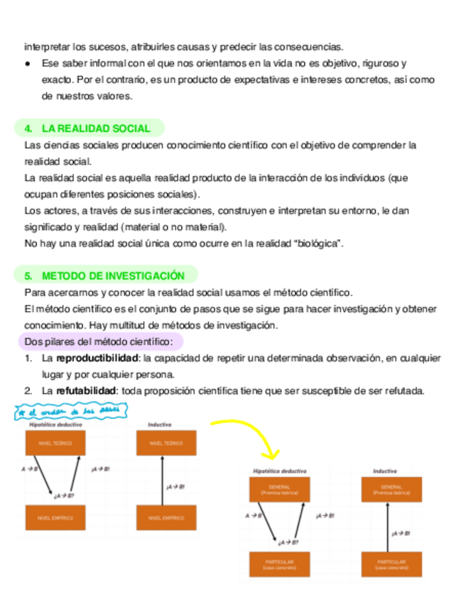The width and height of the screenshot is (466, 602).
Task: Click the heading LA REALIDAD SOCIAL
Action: (x=96, y=128)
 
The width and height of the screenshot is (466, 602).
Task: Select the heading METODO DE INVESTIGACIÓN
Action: (x=113, y=275)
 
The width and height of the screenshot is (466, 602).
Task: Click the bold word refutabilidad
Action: (x=86, y=390)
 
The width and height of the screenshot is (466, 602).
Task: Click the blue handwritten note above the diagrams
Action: (x=72, y=411)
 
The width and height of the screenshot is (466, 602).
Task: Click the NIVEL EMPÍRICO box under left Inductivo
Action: (x=166, y=518)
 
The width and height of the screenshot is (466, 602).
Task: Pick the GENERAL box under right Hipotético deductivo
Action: (x=278, y=489)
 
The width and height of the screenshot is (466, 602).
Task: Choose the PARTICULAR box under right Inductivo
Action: (x=391, y=564)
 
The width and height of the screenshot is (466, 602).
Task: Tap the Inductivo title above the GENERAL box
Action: (x=384, y=471)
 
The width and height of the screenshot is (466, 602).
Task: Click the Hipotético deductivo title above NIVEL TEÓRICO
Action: (x=56, y=425)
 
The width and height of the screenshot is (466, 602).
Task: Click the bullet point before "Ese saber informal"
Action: (x=27, y=64)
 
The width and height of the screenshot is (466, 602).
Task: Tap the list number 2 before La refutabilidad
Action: (x=28, y=390)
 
